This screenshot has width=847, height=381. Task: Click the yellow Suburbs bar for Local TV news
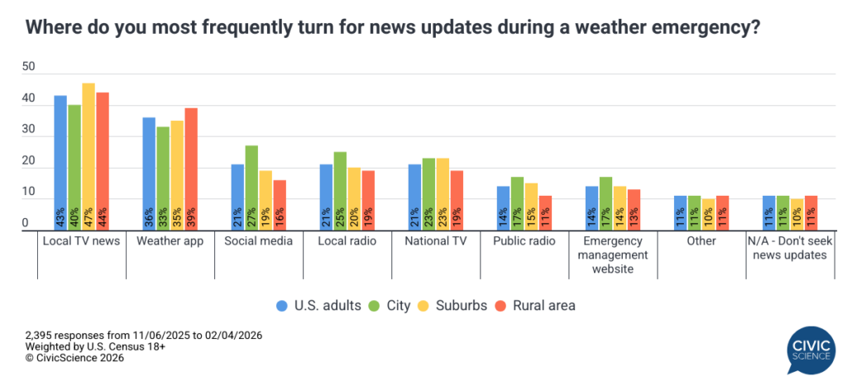tap(89, 157)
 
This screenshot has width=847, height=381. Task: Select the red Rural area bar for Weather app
tap(191, 169)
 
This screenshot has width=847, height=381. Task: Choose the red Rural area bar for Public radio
tap(545, 213)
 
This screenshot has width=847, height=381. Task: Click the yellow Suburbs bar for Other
tap(708, 215)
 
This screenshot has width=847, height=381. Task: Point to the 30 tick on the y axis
tap(29, 130)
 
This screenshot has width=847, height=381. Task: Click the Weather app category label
tap(170, 241)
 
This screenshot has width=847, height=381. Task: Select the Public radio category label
tap(524, 241)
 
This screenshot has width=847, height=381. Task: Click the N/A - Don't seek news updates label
tap(787, 247)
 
